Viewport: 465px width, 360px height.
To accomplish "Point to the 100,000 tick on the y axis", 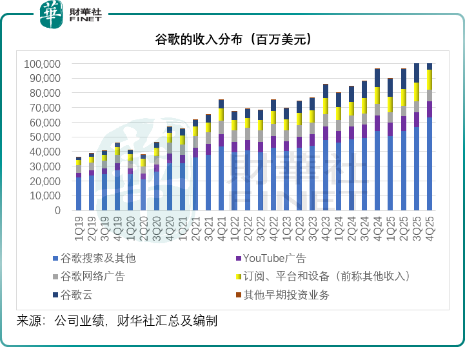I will click(x=42, y=64).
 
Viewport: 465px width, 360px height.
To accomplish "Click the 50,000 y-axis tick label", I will click(x=45, y=137).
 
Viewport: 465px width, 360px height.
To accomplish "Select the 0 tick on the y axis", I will click(x=57, y=210).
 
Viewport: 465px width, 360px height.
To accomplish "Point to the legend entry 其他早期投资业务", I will click(x=286, y=295).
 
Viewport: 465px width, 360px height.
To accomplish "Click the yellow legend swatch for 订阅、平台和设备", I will click(x=238, y=277).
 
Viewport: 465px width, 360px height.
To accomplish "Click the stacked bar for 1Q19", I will click(x=79, y=187).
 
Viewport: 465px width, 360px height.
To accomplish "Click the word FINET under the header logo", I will click(x=86, y=20).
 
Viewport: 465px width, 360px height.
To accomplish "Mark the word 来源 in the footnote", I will click(x=28, y=321).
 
